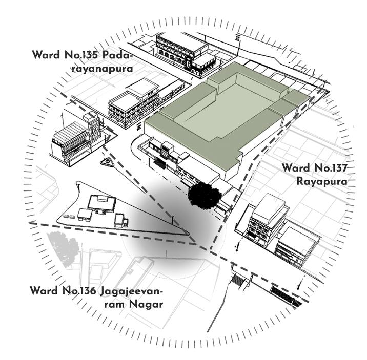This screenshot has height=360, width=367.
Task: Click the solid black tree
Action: tap(205, 194)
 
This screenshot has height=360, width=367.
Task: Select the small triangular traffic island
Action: tap(107, 163)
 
